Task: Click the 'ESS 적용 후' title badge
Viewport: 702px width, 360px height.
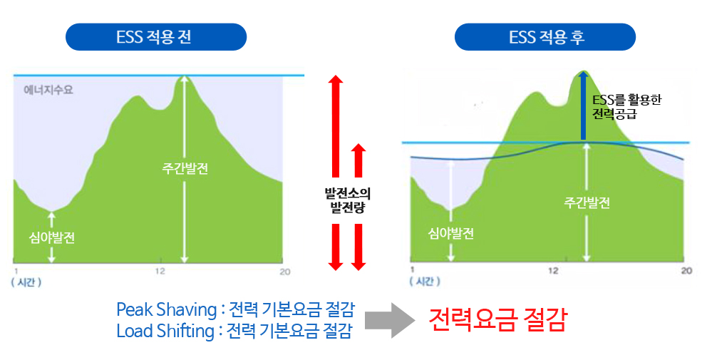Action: tap(546, 37)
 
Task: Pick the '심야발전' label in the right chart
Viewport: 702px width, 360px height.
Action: tap(450, 233)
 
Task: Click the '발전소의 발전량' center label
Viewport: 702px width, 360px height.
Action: tap(349, 199)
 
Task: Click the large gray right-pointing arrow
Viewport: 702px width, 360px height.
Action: tap(391, 320)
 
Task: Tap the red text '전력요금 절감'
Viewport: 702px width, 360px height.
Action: tap(497, 319)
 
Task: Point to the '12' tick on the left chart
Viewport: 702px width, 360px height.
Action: tap(160, 272)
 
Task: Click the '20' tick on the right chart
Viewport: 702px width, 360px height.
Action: tap(686, 270)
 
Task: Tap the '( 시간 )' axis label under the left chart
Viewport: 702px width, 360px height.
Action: tap(26, 282)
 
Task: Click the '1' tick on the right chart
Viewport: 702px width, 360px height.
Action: tap(413, 270)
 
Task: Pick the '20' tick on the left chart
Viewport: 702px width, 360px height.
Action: tap(285, 272)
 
